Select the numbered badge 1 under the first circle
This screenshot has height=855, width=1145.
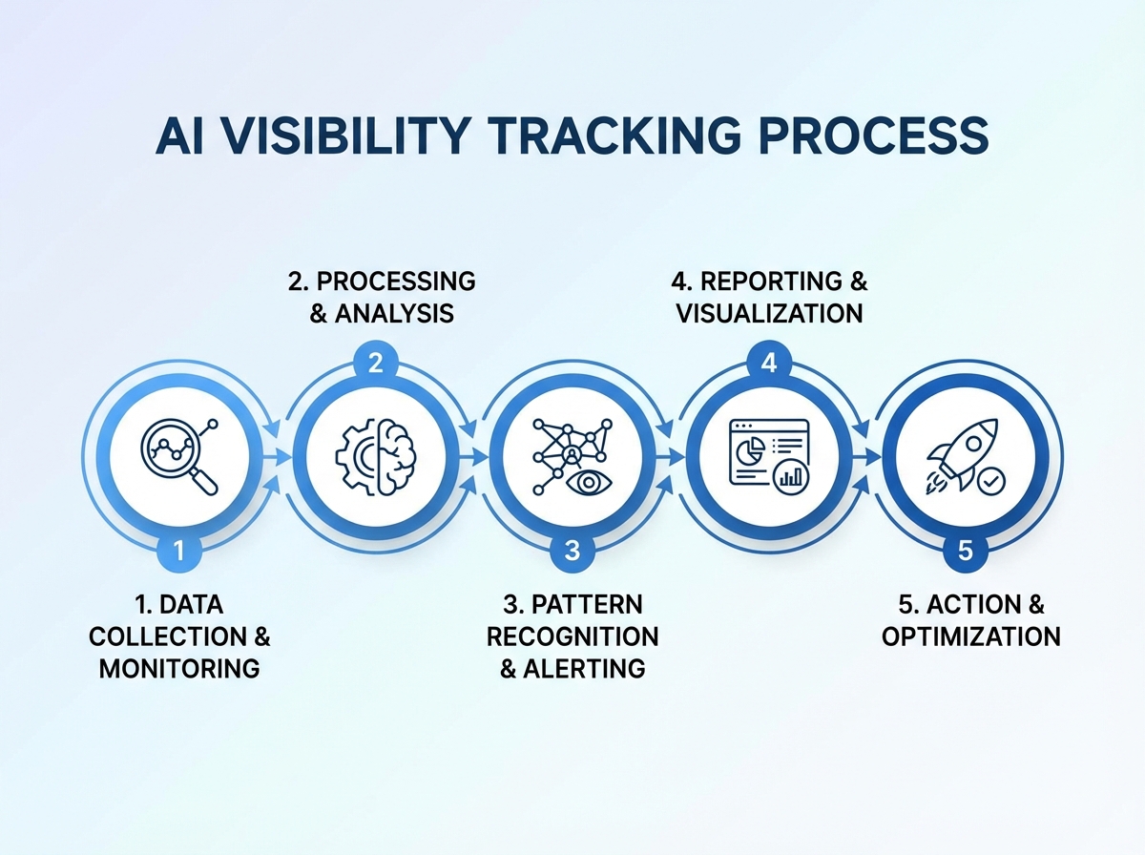click(x=180, y=551)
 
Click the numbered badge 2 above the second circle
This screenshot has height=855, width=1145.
click(x=376, y=363)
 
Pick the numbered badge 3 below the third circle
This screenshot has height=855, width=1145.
click(x=572, y=551)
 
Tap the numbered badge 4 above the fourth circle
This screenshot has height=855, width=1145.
click(x=769, y=363)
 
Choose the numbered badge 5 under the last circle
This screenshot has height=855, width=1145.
click(x=965, y=551)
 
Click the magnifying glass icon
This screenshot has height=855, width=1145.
click(x=177, y=455)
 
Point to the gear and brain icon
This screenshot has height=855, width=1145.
click(x=377, y=456)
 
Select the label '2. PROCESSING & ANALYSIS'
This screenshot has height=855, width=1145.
click(x=382, y=297)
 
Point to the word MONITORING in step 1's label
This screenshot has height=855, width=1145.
click(x=179, y=668)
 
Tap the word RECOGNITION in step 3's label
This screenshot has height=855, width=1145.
click(x=572, y=636)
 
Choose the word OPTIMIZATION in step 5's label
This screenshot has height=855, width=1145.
click(x=970, y=636)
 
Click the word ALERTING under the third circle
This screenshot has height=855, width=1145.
click(x=583, y=668)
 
